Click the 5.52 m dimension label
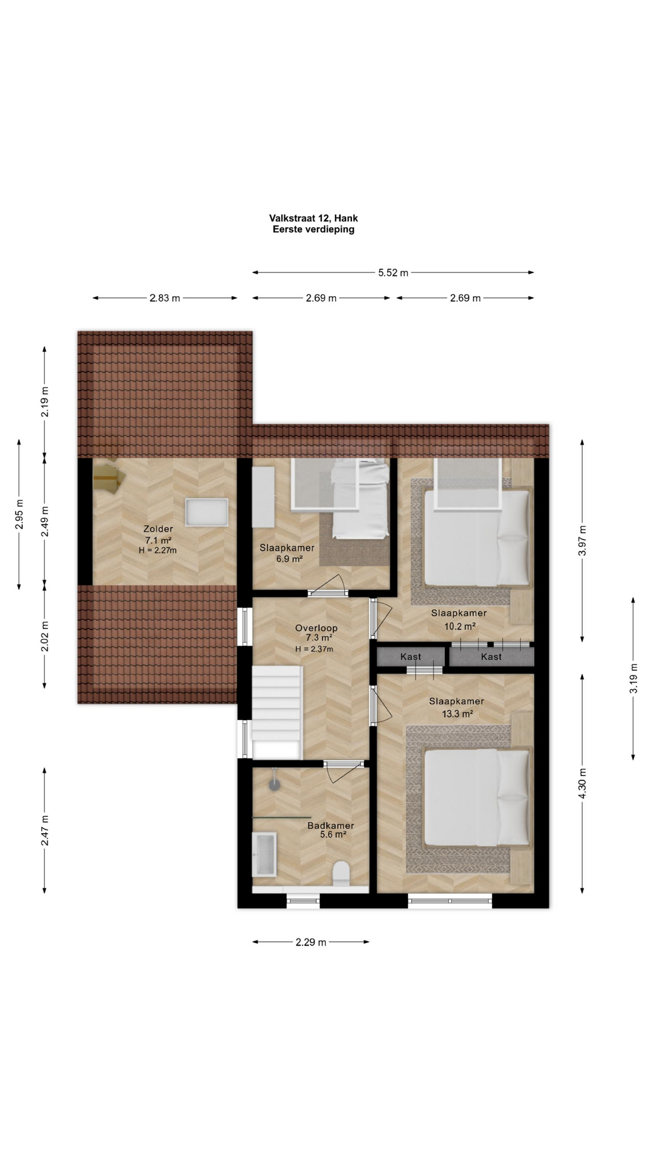pos(393,272)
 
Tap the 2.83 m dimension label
pos(165,298)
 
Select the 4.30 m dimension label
pos(583,784)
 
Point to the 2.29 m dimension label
pos(311,942)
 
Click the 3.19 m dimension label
pos(633,678)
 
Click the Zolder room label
pos(158,529)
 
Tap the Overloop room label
pos(316,628)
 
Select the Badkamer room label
pos(331,825)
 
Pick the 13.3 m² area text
pos(457,714)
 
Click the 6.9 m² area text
pos(289,559)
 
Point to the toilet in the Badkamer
pos(341,874)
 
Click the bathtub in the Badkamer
pos(264,854)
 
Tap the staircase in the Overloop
pos(276,712)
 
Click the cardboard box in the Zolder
pos(109,477)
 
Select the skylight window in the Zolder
pos(206,512)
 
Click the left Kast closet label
pos(411,657)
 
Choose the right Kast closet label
pos(491,657)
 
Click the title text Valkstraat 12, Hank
pos(313,218)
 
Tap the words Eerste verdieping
pos(313,229)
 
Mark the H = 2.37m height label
pos(314,649)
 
